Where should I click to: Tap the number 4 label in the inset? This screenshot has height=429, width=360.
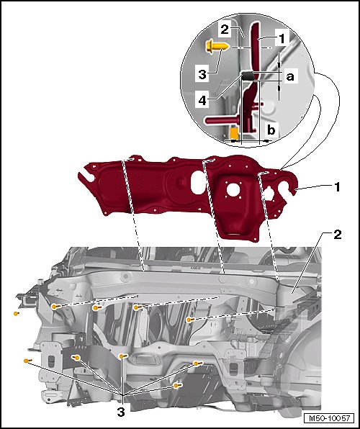202,100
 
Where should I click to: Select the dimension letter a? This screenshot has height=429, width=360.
290,77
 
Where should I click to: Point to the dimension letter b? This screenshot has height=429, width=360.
271,130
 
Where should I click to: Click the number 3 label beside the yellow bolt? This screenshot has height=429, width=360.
202,74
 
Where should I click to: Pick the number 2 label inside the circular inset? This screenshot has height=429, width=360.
225,30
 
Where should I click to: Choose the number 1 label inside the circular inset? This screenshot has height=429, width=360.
282,39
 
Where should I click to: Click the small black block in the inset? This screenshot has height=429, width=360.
248,75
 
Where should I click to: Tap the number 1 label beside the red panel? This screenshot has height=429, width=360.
337,187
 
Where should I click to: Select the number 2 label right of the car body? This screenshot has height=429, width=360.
337,235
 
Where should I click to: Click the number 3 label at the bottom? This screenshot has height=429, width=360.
121,412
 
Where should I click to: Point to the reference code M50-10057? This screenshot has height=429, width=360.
329,418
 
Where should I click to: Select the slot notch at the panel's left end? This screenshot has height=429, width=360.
86,176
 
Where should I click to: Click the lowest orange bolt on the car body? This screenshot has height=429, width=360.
177,385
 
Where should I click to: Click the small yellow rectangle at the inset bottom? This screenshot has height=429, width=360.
234,132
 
